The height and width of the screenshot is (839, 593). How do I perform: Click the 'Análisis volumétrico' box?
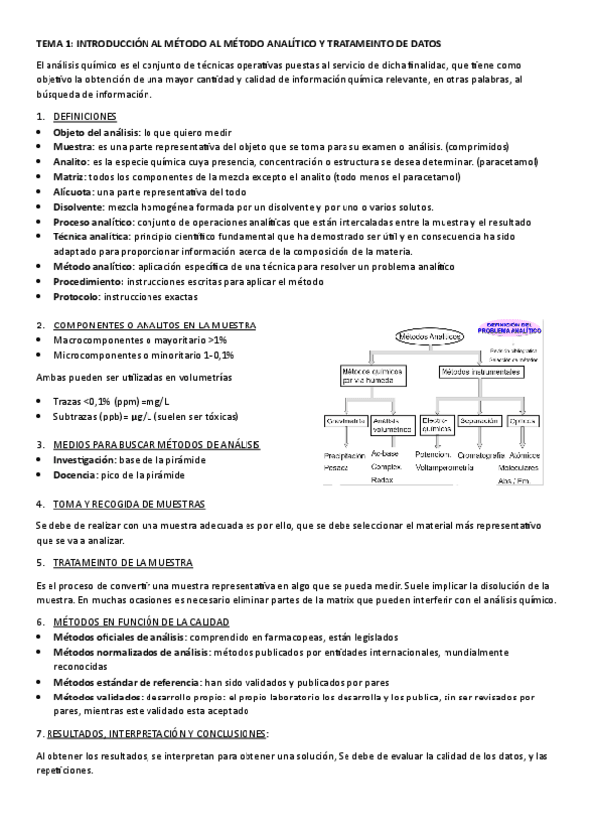pyautogui.click(x=392, y=425)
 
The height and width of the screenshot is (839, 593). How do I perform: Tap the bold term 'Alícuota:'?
pyautogui.click(x=75, y=192)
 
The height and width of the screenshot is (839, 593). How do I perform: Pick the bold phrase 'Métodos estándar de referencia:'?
pyautogui.click(x=127, y=683)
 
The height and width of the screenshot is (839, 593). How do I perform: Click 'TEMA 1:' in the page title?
pyautogui.click(x=52, y=45)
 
